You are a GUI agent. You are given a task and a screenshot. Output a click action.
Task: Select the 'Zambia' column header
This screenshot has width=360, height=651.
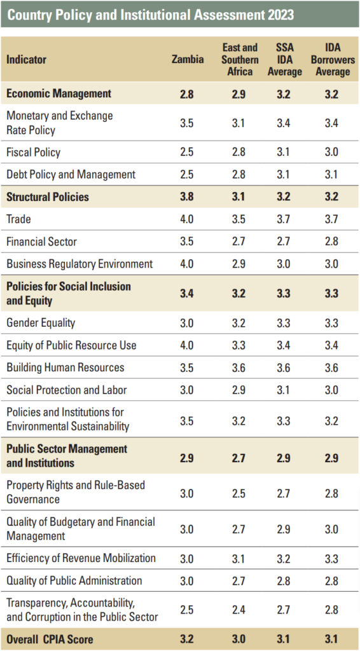[x=188, y=60]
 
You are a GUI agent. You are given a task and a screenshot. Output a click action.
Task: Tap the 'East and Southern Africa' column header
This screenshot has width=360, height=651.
[x=240, y=60]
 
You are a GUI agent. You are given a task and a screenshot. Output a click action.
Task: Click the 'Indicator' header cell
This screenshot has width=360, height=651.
[x=27, y=60]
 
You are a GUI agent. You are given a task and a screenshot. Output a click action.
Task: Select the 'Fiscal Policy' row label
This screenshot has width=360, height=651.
[x=33, y=153]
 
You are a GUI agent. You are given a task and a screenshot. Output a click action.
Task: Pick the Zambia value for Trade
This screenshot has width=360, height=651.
[x=187, y=219]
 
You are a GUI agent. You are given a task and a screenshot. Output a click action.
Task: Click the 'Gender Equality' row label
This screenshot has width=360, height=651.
[x=41, y=323]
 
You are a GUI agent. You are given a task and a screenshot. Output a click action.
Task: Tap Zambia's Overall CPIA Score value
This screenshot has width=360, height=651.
[x=187, y=639]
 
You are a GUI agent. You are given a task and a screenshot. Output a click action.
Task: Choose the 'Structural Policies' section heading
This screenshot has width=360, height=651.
[x=48, y=197]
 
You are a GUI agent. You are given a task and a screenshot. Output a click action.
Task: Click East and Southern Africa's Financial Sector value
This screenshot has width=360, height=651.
[x=239, y=242]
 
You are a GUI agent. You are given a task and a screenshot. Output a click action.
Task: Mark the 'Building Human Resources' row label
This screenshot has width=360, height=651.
[x=66, y=367]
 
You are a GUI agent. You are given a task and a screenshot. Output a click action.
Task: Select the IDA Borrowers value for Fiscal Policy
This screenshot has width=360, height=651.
[x=332, y=153]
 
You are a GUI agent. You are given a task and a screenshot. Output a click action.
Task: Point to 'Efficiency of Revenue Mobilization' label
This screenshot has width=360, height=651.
[x=81, y=558]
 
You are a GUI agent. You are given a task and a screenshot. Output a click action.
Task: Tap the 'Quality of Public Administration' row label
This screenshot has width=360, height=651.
[x=74, y=580]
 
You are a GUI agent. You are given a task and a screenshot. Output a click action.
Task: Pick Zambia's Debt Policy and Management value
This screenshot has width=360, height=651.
[x=187, y=175]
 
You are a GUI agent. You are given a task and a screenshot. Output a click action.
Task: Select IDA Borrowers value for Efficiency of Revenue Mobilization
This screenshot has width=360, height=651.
[x=332, y=558]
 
